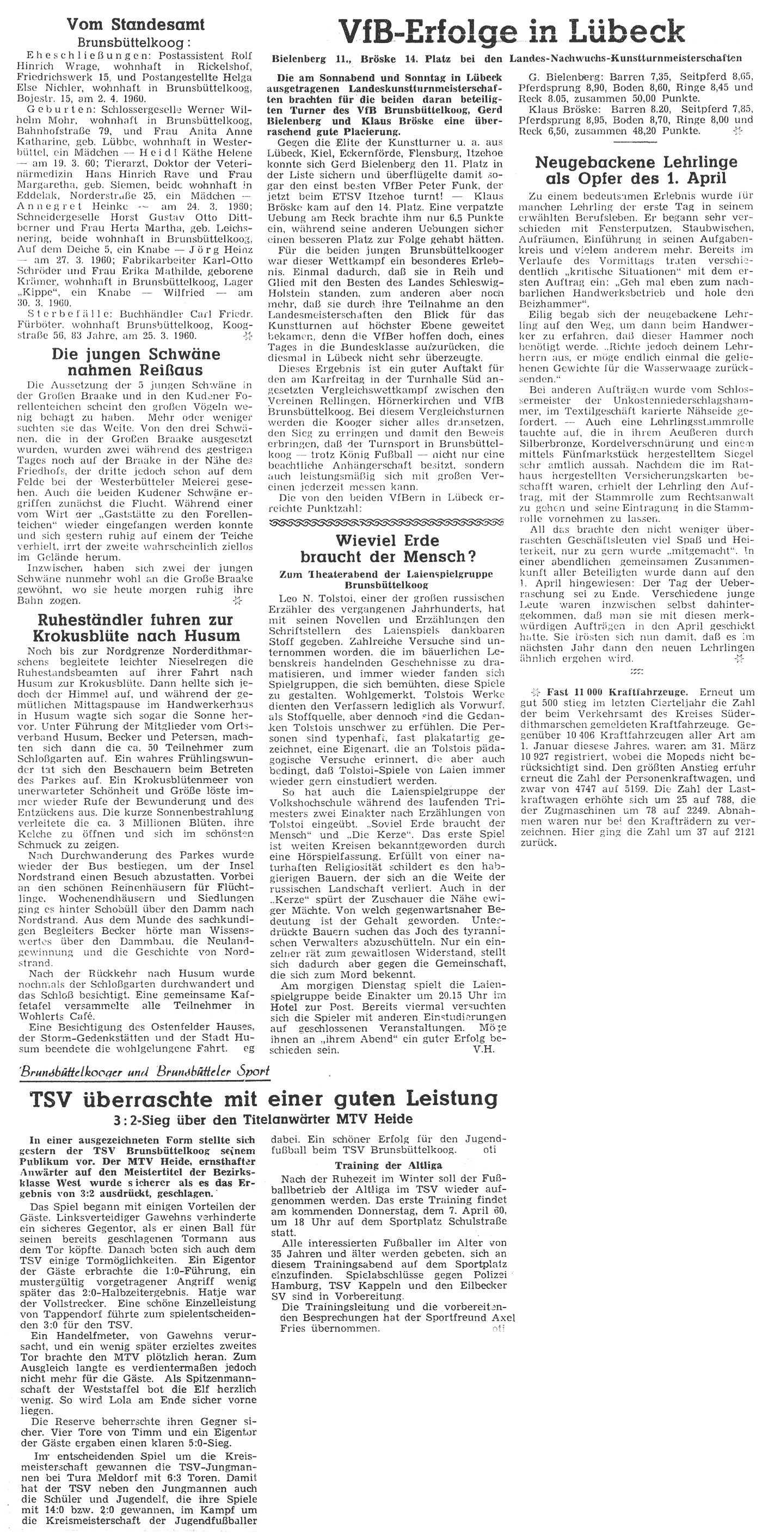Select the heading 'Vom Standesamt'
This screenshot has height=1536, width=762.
click(136, 24)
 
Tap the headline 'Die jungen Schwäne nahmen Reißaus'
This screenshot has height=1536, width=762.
click(136, 362)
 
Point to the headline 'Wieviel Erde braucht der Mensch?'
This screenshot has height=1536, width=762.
click(388, 548)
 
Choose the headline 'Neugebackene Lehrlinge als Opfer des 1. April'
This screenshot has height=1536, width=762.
click(636, 170)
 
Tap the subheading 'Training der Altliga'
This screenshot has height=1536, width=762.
click(388, 1165)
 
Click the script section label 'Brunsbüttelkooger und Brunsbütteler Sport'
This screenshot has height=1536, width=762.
click(144, 1071)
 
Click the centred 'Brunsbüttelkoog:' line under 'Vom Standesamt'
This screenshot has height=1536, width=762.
click(136, 43)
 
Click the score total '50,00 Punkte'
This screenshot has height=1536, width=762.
click(658, 97)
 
